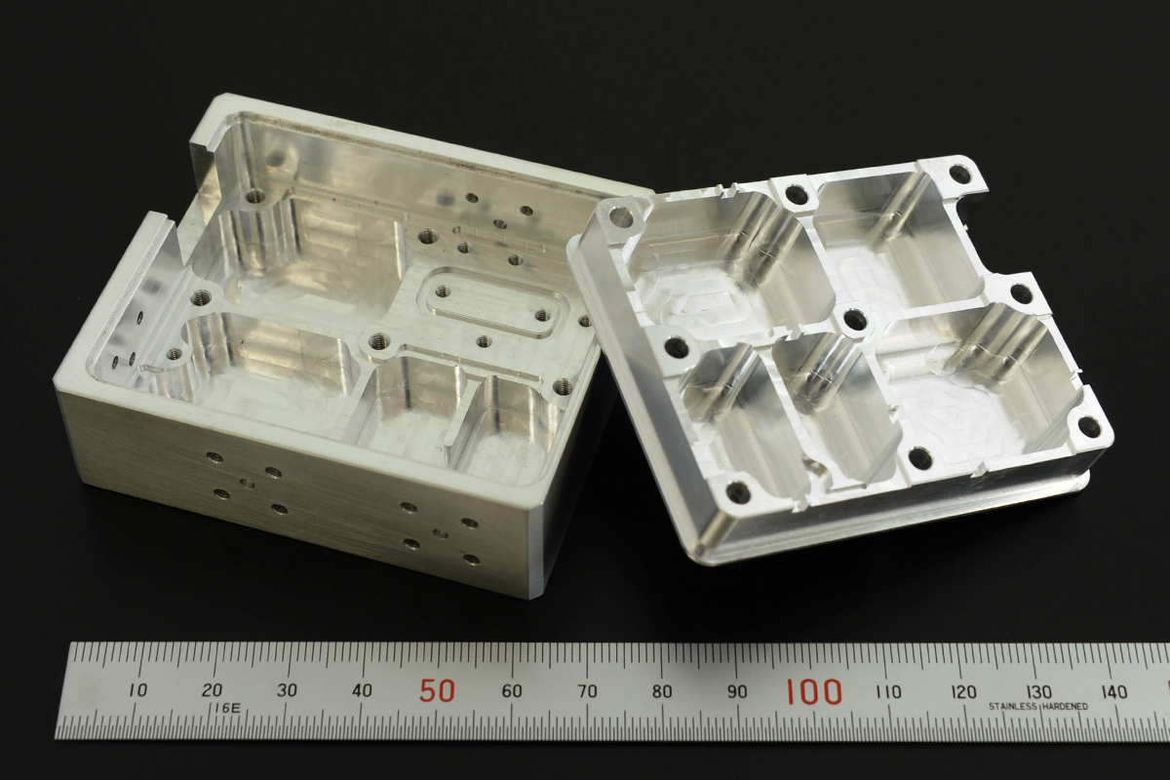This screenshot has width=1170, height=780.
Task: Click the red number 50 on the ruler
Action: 437,690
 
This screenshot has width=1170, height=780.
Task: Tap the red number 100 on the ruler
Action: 814,692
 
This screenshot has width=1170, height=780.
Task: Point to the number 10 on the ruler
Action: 137,690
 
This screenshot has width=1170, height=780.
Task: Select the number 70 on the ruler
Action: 587,691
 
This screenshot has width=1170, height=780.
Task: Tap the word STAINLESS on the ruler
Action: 1012,706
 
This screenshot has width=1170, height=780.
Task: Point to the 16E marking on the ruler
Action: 227,709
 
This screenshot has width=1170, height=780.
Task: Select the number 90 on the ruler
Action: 737,691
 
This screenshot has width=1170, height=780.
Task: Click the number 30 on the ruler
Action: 287,690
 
